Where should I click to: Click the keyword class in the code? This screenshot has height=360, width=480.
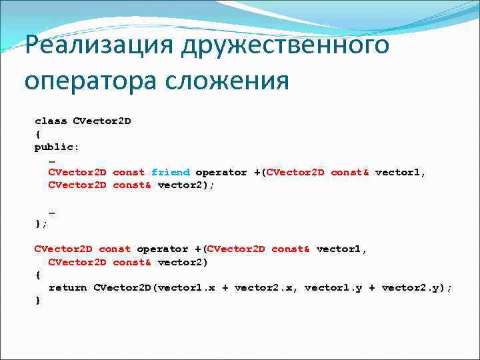(x=51, y=121)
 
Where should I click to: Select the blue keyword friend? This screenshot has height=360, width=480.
(x=170, y=172)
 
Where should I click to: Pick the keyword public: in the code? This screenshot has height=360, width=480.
(x=56, y=147)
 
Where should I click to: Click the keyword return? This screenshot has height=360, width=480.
(x=67, y=287)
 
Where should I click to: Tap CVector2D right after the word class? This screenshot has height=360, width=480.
(x=101, y=121)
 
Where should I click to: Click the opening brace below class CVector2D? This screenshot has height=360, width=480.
(x=37, y=134)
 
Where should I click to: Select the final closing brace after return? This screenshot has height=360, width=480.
(x=37, y=300)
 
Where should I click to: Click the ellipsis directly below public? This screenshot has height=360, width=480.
(x=52, y=159)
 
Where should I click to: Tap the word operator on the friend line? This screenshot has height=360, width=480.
(x=221, y=172)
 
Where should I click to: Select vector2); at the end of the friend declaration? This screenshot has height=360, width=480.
(x=186, y=185)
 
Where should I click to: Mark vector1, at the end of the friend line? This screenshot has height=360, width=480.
(x=401, y=172)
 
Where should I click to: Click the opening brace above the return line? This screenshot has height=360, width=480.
(x=37, y=275)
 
